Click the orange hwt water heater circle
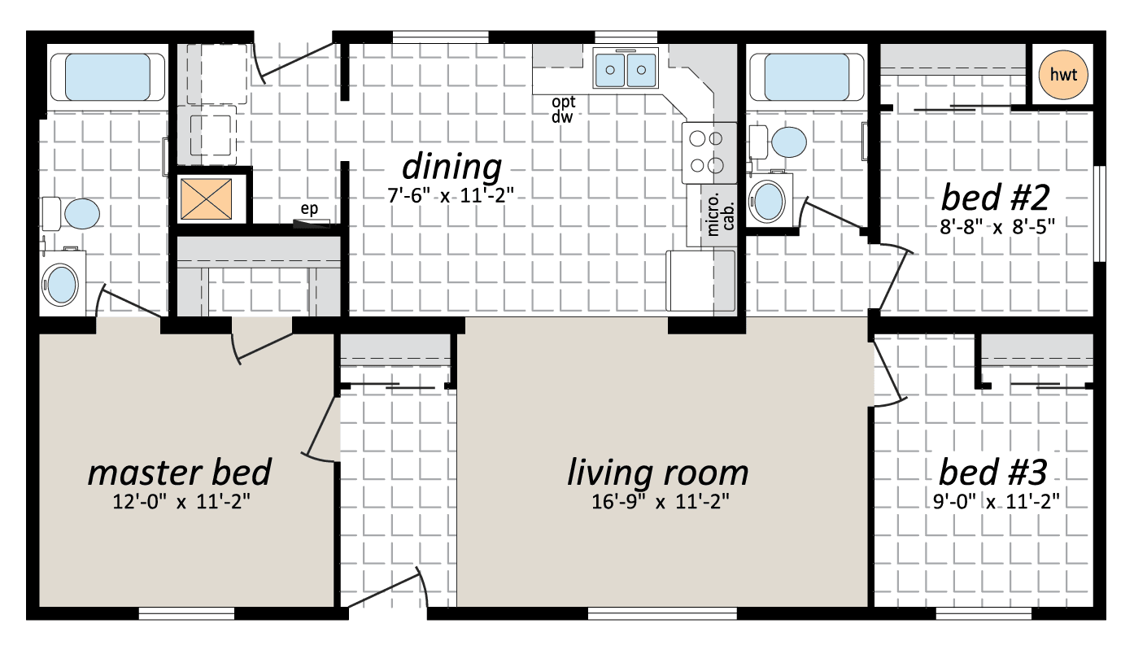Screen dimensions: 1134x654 click(1063, 75)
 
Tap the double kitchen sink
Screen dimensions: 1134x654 click(626, 68)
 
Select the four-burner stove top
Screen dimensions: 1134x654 click(709, 152)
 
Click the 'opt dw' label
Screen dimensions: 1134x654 click(564, 109)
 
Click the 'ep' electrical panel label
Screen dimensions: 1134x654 click(309, 208)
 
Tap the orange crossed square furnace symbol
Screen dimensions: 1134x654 click(206, 199)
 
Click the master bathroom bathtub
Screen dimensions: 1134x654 click(108, 77)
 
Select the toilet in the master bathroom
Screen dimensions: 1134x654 click(71, 214)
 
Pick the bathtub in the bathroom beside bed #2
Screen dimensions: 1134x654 click(807, 77)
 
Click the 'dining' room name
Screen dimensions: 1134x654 click(451, 167)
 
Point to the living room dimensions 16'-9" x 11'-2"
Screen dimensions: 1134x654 click(661, 502)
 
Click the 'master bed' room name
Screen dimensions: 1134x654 click(180, 473)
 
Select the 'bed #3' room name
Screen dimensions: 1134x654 click(992, 472)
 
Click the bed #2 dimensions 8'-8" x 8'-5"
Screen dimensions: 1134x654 click(997, 227)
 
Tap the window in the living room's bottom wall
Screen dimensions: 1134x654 click(662, 613)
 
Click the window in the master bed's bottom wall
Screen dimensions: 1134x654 click(187, 613)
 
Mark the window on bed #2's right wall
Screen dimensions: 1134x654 click(1100, 214)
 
